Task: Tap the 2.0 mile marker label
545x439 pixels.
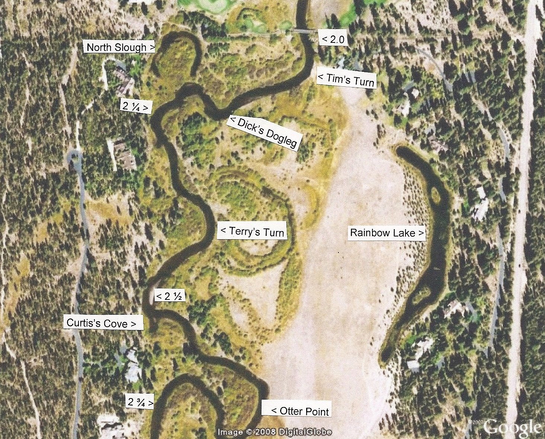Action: [x=334, y=39]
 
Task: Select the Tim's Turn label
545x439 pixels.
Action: [x=346, y=80]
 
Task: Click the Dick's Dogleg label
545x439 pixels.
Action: [x=265, y=132]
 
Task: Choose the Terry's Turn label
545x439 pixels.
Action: [x=252, y=231]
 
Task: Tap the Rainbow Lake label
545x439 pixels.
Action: [x=387, y=233]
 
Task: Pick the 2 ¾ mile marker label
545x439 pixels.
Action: [x=140, y=402]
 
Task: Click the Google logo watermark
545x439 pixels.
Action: [x=513, y=427]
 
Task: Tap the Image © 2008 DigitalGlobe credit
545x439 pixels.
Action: [x=275, y=432]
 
